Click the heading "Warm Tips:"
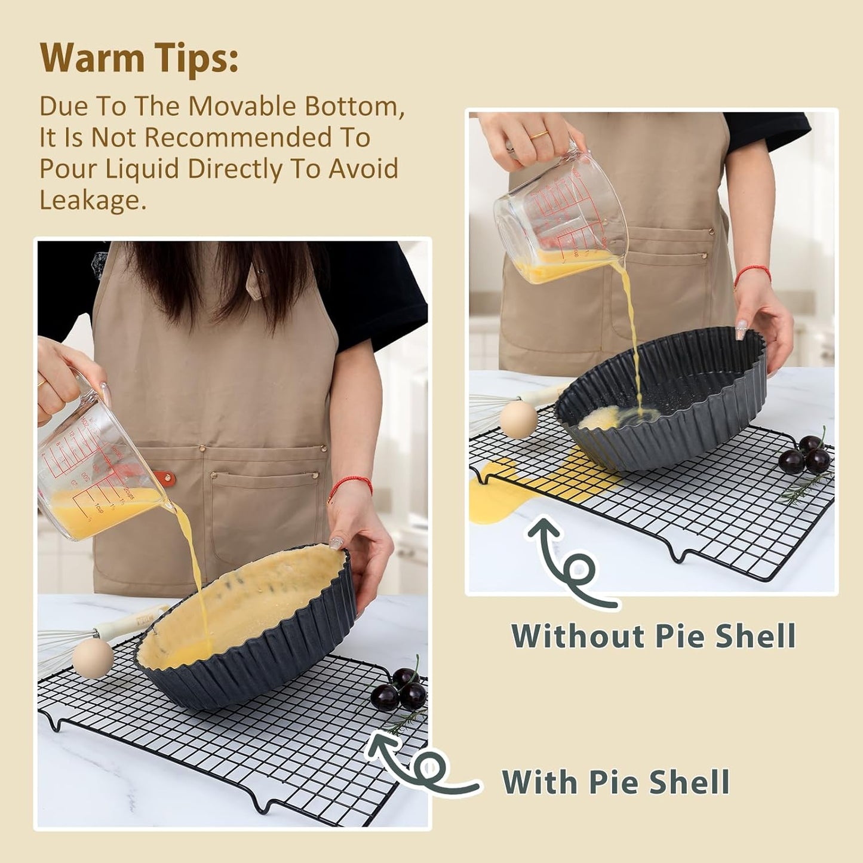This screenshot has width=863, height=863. pos(139,58)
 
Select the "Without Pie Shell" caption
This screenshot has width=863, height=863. pos(653,635)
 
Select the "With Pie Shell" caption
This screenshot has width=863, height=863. pos(615,782)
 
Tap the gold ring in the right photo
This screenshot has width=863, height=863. pos(539,136)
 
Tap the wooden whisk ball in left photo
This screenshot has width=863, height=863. pos(93,657)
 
